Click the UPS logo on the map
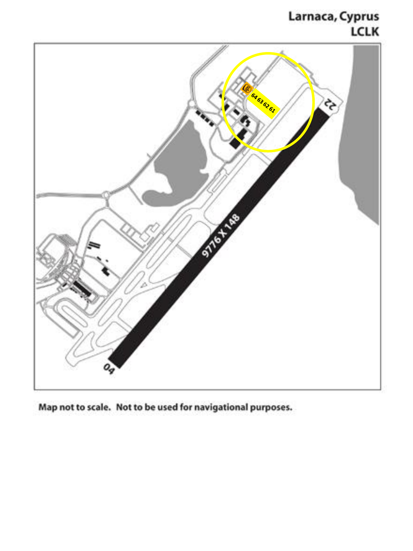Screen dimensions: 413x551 pyautogui.click(x=247, y=88)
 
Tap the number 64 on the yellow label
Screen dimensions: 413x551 pyautogui.click(x=254, y=97)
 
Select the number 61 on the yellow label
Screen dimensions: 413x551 pyautogui.click(x=272, y=110)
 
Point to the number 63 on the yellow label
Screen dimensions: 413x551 pyautogui.click(x=260, y=101)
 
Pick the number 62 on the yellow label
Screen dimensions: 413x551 pyautogui.click(x=266, y=105)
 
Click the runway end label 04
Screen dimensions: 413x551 pyautogui.click(x=109, y=369)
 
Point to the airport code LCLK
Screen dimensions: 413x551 pyautogui.click(x=365, y=32)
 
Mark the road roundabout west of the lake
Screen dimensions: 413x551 pyautogui.click(x=106, y=195)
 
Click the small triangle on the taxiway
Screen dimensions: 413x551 pyautogui.click(x=144, y=285)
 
